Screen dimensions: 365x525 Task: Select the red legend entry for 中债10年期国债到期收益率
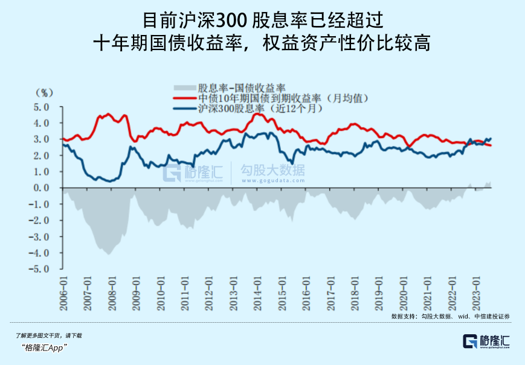pos(283,98)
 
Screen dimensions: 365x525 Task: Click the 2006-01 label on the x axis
pos(64,293)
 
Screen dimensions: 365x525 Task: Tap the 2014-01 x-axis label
pos(257,293)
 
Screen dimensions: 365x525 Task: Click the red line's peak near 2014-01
pos(257,113)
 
